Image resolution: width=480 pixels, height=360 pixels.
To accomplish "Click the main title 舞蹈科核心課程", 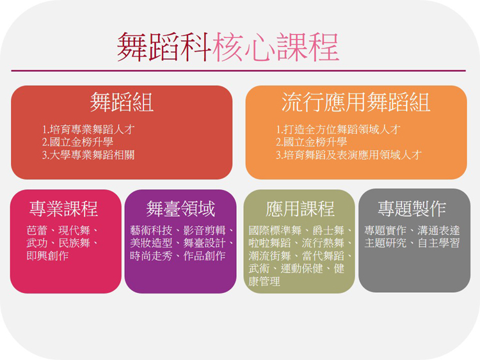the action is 228,47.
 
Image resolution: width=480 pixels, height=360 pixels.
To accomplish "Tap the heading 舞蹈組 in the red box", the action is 122,102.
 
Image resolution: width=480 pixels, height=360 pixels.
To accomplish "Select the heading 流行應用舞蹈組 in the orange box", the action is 356,102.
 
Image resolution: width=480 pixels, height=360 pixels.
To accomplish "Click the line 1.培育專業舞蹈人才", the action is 88,129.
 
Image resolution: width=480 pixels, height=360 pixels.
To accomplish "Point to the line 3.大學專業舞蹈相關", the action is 88,155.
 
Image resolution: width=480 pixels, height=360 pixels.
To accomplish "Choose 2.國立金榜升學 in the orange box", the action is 311,142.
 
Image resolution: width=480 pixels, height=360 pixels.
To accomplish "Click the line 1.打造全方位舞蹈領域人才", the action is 338,129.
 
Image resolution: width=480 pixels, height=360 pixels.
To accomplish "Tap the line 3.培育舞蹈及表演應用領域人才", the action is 348,155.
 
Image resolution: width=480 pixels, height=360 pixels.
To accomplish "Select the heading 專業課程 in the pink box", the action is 63,209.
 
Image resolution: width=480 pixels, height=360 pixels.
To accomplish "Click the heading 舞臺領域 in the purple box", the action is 180,209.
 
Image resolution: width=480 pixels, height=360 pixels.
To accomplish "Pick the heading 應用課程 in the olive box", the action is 300,209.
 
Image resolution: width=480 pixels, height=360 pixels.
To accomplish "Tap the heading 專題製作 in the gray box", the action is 412,209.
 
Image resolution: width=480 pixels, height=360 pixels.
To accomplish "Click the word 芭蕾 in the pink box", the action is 37,230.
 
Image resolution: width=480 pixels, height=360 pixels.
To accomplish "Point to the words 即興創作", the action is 47,256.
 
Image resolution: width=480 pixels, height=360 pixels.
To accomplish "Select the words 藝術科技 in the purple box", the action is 151,230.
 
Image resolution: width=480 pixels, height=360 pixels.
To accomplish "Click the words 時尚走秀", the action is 151,256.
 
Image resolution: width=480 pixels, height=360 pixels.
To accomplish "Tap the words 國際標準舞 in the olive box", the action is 275,230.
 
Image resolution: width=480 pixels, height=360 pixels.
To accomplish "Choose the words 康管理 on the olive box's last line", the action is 264,281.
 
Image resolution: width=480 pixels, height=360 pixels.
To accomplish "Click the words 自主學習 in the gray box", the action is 438,243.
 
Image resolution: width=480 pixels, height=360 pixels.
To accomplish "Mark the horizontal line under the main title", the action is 239,70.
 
